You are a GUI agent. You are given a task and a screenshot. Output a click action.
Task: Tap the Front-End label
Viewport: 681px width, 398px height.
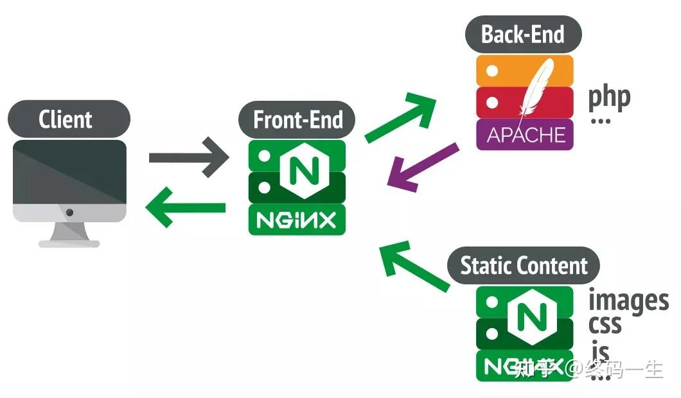(x=297, y=120)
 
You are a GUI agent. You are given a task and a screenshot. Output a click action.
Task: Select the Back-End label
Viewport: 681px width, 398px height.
(x=522, y=34)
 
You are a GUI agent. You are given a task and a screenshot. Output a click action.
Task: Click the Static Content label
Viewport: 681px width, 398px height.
(x=524, y=266)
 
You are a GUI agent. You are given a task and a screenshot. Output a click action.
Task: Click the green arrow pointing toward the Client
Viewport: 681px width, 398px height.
(x=186, y=207)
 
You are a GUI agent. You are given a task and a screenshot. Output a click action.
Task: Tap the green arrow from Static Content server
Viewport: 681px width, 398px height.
(x=414, y=266)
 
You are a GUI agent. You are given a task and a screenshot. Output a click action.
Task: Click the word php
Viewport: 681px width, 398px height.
(x=609, y=97)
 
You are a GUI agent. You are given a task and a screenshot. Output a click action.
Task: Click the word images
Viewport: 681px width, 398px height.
(x=628, y=300)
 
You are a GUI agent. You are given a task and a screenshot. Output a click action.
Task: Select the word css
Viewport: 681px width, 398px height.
(x=605, y=325)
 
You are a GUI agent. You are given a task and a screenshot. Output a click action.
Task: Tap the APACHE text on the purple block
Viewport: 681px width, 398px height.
(x=525, y=135)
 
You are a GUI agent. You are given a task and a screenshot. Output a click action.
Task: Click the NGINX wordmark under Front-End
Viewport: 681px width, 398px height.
(x=297, y=221)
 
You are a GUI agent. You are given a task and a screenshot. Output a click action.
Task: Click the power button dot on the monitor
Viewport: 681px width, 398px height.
(x=69, y=212)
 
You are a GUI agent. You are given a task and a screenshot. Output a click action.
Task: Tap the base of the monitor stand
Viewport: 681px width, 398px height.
(x=69, y=243)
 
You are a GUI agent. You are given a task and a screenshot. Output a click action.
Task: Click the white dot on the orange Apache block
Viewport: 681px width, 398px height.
(x=491, y=71)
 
